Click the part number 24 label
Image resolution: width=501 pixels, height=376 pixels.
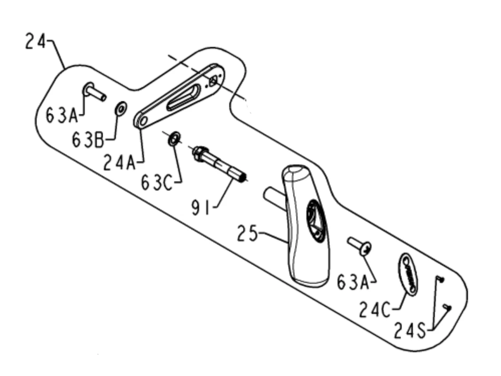[x=35, y=41]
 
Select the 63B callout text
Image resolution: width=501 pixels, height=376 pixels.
[x=88, y=140]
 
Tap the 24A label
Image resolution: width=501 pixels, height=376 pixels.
[x=119, y=162]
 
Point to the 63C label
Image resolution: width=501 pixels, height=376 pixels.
[x=157, y=183]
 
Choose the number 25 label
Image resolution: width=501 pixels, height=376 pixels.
[x=247, y=233]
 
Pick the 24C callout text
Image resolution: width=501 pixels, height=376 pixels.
[x=374, y=309]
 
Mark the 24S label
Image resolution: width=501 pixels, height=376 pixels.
[x=410, y=330]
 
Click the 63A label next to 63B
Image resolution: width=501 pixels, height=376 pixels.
[x=62, y=115]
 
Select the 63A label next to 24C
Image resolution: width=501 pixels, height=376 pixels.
[x=353, y=282]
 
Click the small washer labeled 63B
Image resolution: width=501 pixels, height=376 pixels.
[x=121, y=108]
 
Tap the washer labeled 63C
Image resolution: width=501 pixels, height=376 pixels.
[x=174, y=139]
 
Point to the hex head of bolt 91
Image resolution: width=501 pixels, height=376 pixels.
[x=199, y=154]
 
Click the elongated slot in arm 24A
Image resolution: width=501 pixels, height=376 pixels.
[x=184, y=97]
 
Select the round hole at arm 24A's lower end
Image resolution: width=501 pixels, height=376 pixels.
[x=143, y=121]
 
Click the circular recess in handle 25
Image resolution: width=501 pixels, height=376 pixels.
[x=316, y=221]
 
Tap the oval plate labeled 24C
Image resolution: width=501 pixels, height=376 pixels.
[x=408, y=274]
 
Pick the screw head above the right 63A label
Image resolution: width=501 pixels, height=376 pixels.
[x=366, y=249]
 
